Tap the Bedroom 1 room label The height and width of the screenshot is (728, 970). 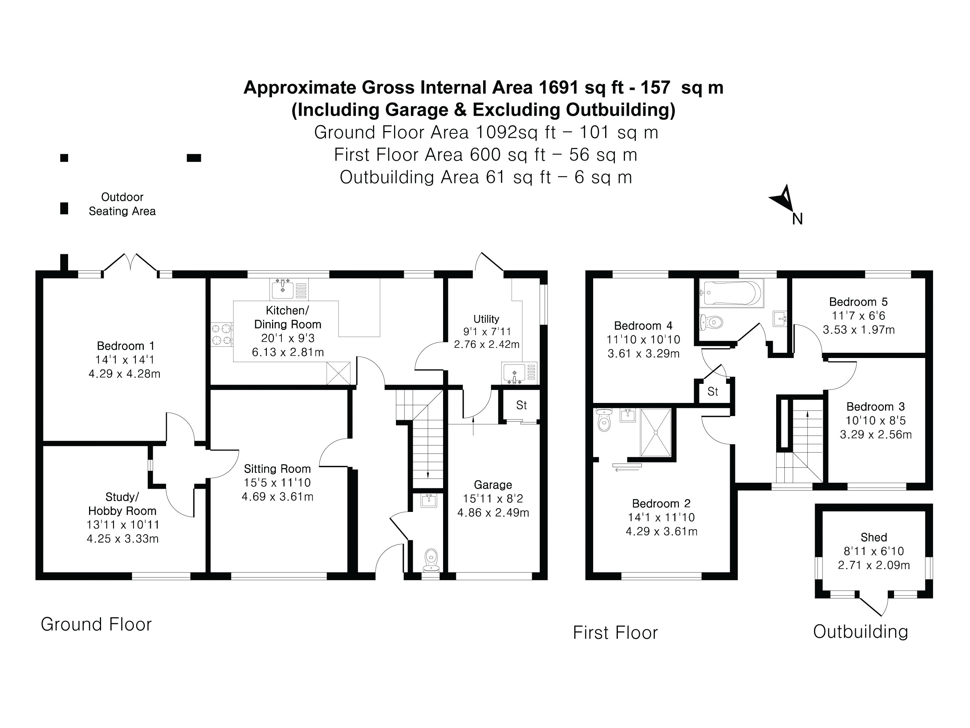click(125, 346)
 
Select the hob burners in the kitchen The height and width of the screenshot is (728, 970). click(222, 334)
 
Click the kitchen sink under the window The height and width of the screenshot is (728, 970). click(283, 289)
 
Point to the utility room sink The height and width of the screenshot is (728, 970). click(515, 373)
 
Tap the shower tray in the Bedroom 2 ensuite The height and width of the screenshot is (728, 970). click(656, 433)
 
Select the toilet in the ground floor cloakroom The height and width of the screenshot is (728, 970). click(431, 560)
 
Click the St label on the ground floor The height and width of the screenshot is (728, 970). click(521, 405)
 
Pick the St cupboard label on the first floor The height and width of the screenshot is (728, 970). click(713, 391)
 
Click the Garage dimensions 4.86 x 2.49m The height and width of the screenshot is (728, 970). click(493, 513)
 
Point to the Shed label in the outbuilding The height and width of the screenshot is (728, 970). click(873, 537)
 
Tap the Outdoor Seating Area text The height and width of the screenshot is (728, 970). click(122, 204)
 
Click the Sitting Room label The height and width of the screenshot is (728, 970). click(277, 468)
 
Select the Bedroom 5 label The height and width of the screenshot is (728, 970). click(858, 302)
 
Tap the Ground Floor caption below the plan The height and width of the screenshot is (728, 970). click(96, 624)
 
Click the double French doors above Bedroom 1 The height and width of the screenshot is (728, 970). click(130, 263)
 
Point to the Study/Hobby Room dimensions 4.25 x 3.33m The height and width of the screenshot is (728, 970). click(123, 539)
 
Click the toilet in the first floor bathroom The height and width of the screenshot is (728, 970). click(710, 322)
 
